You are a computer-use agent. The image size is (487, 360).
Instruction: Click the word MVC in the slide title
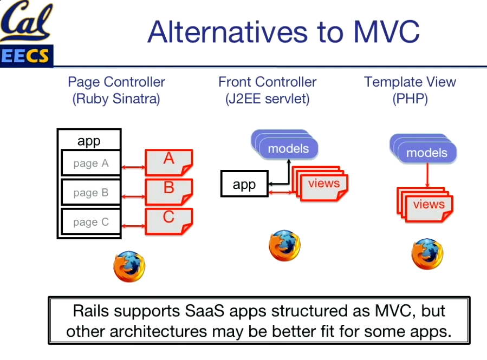point(386,32)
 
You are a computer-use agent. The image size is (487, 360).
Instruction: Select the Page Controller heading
point(116,82)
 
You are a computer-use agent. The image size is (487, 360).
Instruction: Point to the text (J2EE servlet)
point(267,100)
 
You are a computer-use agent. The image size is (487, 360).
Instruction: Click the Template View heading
point(410,82)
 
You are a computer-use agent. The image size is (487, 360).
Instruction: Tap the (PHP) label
point(410,100)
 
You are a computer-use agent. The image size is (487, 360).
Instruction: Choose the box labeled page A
point(90,163)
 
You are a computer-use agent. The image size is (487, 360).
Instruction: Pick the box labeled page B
point(90,193)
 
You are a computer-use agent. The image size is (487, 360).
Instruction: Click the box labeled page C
point(90,222)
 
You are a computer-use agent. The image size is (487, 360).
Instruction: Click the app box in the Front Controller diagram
point(244,185)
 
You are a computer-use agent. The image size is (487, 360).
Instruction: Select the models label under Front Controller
point(288,148)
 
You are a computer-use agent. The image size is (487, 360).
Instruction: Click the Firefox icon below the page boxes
point(129,266)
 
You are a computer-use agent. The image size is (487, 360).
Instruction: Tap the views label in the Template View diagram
point(428,205)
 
